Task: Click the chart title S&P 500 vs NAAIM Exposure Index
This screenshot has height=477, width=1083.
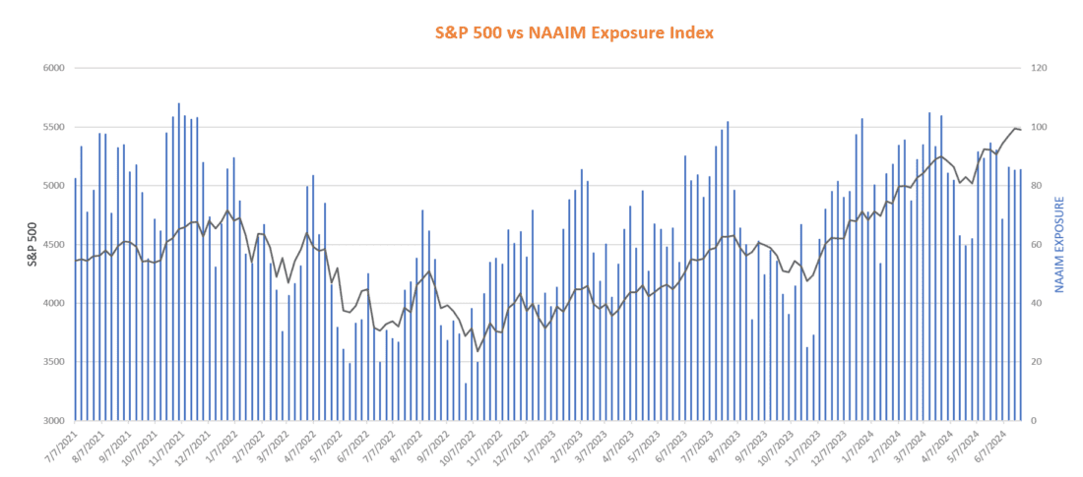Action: coord(574,32)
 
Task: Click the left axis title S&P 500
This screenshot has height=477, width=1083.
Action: coord(33,245)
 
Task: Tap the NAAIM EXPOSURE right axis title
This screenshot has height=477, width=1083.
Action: coord(1059,245)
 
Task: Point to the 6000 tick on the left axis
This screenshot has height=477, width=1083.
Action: coord(52,69)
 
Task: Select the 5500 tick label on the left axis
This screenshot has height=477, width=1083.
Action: coord(52,128)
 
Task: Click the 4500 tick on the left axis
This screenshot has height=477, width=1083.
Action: coord(52,245)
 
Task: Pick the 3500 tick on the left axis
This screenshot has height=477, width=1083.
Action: coord(52,362)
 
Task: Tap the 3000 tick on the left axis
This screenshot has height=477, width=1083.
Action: coord(52,421)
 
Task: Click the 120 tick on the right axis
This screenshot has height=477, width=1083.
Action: coord(1039,69)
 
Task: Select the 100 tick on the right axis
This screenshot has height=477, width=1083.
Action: coord(1039,128)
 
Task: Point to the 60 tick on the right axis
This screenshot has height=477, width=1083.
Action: coord(1037,245)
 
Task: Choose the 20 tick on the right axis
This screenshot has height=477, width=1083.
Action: coord(1037,362)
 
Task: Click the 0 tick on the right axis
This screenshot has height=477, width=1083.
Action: coord(1034,421)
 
